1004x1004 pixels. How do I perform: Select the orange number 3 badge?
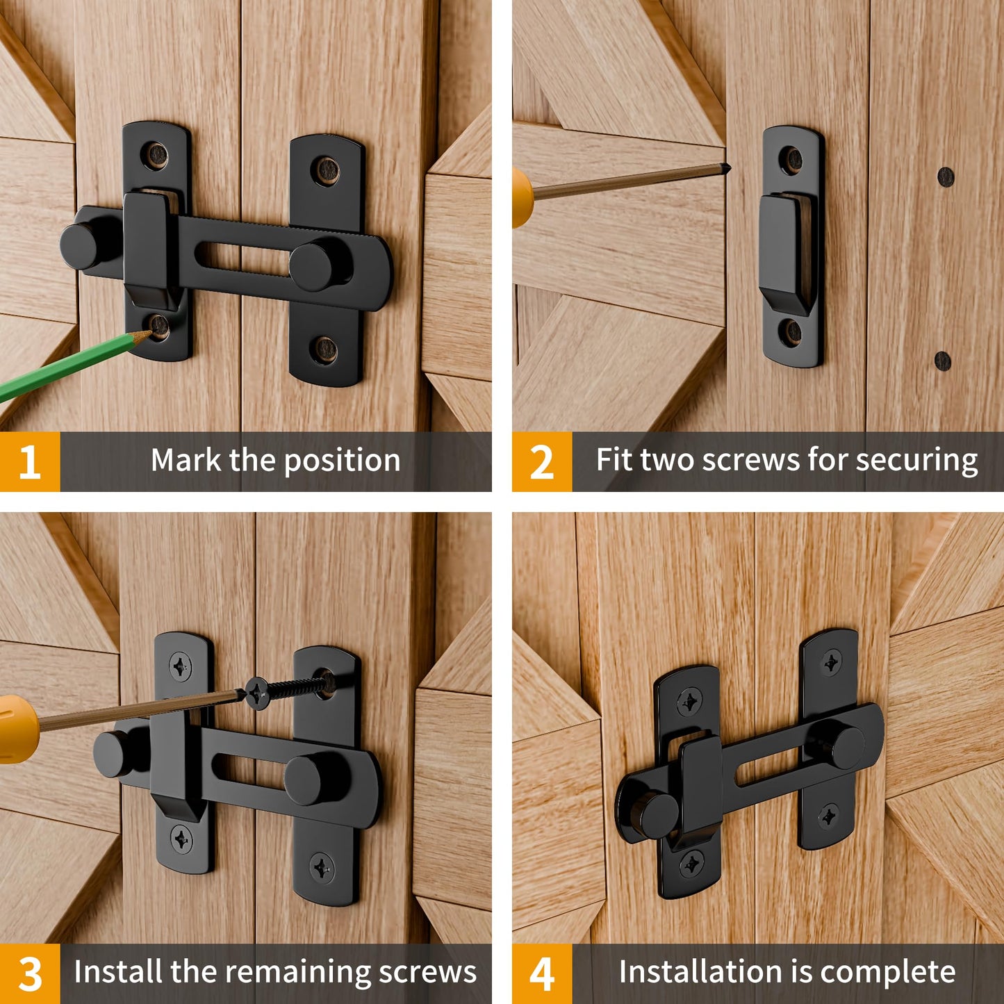[x=30, y=973]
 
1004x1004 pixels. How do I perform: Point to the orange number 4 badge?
[x=542, y=973]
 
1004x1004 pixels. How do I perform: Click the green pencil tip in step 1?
[x=144, y=336]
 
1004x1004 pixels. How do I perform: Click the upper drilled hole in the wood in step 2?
[x=946, y=176]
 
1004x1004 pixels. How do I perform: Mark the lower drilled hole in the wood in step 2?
[x=942, y=360]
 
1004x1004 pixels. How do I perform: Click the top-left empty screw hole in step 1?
[x=156, y=156]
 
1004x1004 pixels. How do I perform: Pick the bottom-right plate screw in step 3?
[x=321, y=867]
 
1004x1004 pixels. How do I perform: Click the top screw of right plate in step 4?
[x=831, y=661]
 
